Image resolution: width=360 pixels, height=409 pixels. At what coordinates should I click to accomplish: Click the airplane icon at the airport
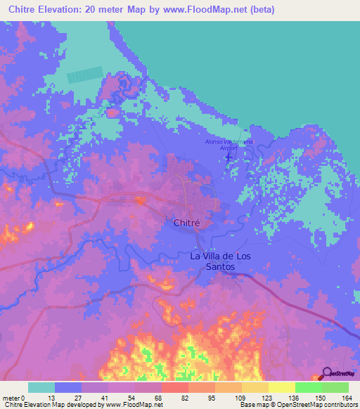coord(228,156)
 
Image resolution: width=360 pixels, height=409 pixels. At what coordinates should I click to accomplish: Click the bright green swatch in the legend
coord(308,387)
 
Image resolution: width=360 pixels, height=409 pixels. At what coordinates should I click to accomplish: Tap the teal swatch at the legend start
coord(41,387)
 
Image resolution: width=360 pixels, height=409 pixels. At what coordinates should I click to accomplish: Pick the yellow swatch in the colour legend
coord(281,387)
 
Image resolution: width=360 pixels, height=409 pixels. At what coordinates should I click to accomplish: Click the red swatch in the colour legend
coord(175,387)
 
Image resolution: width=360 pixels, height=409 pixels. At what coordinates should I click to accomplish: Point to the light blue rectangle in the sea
coord(84,75)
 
